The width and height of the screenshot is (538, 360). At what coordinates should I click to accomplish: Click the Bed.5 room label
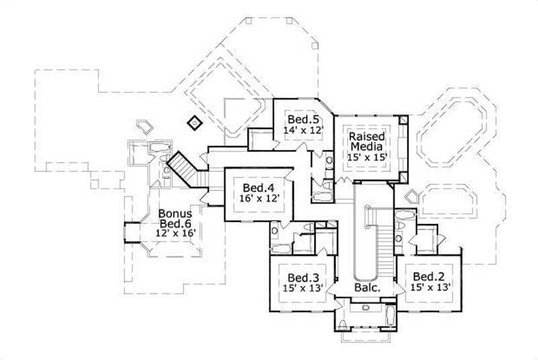pyautogui.click(x=303, y=115)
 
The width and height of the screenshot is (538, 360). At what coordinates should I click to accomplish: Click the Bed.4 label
pyautogui.click(x=257, y=187)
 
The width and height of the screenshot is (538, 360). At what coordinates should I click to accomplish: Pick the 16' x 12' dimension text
pyautogui.click(x=257, y=199)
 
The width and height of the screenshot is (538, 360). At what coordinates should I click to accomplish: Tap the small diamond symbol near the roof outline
pyautogui.click(x=194, y=122)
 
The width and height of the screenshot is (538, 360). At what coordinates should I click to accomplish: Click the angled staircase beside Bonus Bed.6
pyautogui.click(x=184, y=166)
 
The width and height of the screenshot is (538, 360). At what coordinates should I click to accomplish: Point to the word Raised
pyautogui.click(x=366, y=137)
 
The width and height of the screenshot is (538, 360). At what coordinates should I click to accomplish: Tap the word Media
pyautogui.click(x=366, y=146)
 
